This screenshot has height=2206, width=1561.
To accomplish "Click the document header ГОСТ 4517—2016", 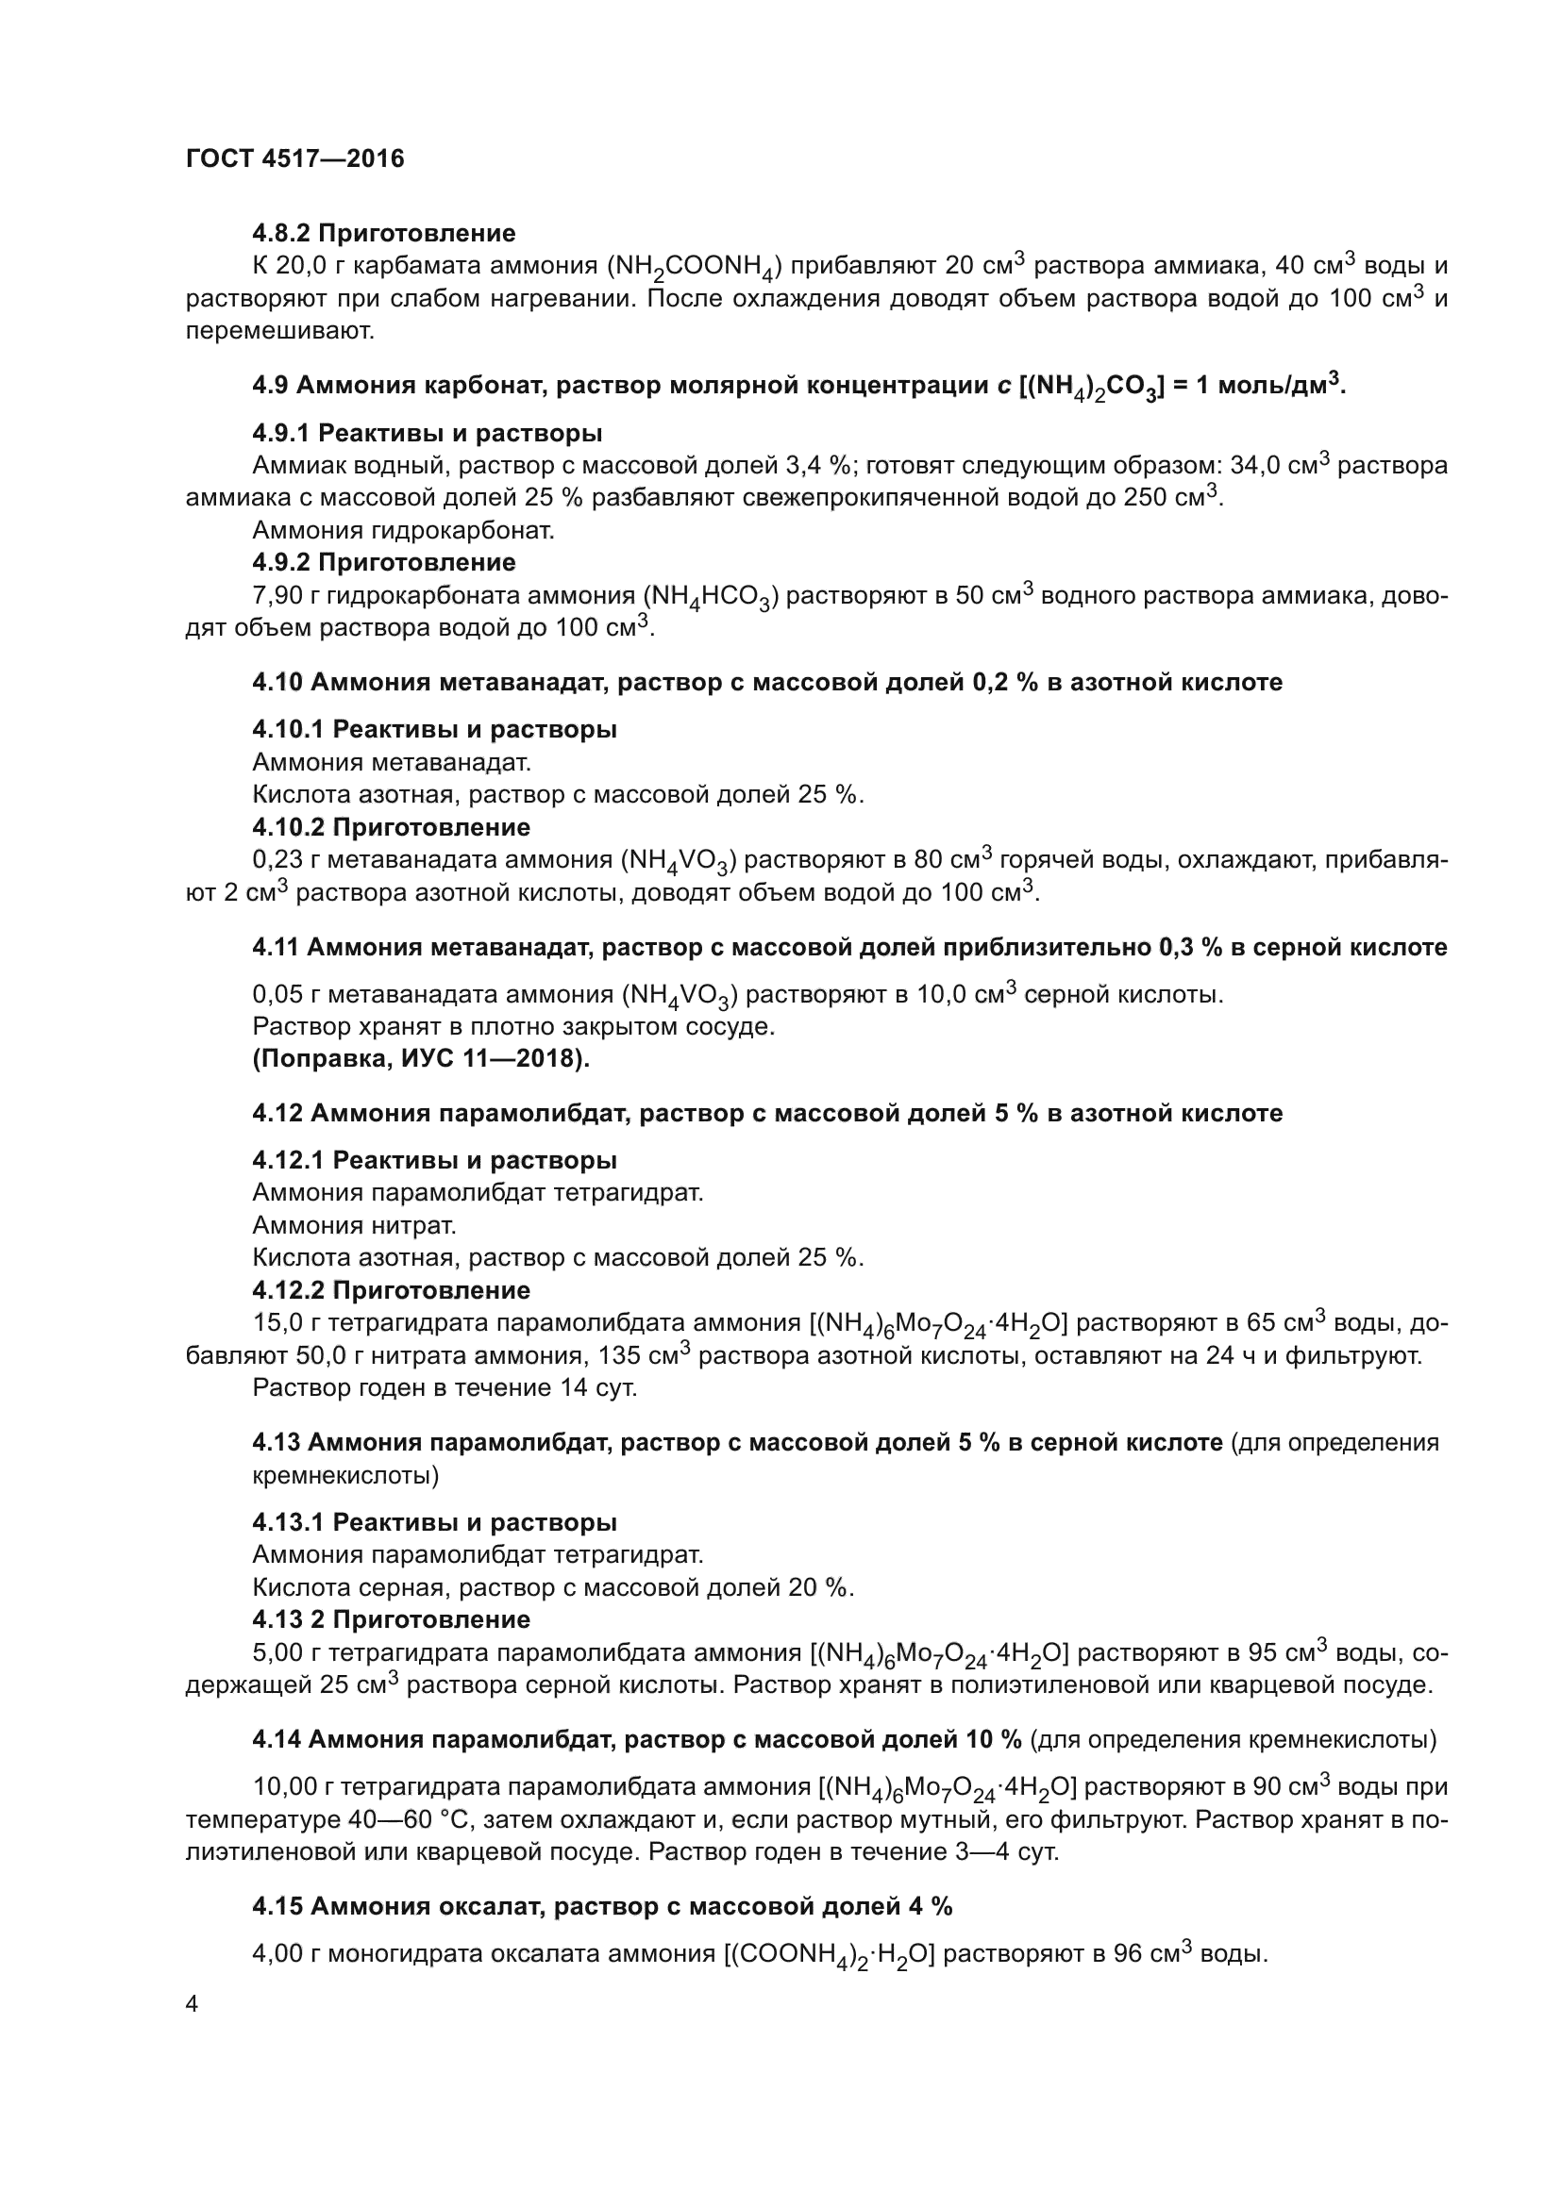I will (x=294, y=158).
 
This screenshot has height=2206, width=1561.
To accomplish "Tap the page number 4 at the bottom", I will (x=193, y=2004).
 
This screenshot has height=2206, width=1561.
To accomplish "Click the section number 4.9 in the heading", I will (x=270, y=387).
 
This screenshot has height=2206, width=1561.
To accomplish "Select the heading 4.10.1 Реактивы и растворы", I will (x=434, y=729).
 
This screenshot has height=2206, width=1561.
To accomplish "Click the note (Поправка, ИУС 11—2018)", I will (x=421, y=1059).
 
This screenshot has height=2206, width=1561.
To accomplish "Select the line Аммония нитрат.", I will (x=354, y=1225).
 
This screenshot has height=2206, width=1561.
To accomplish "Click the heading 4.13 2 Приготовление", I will (x=392, y=1620).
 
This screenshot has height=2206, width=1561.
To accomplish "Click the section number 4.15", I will (x=275, y=1907).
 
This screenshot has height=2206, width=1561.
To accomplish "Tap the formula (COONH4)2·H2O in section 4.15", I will (x=831, y=1955).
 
